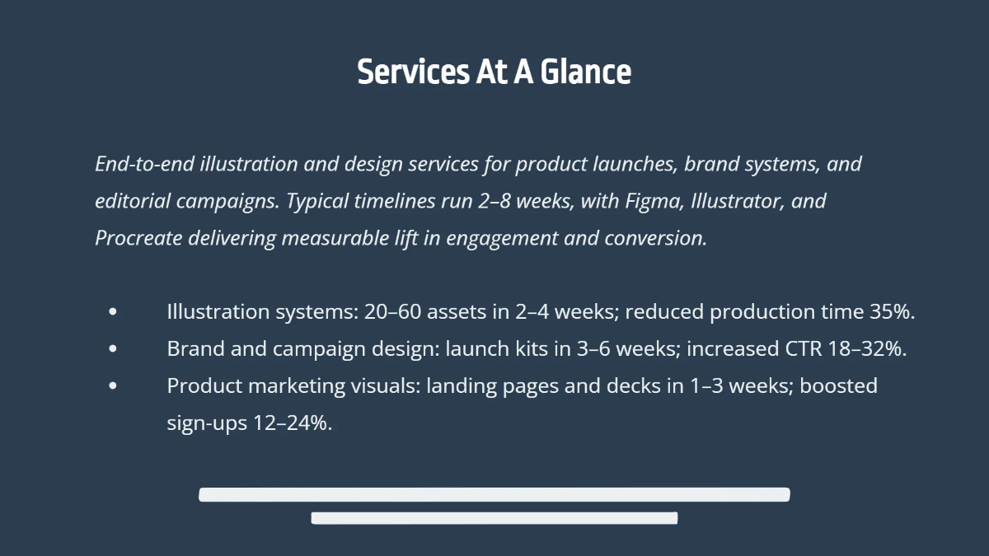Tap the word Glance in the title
[586, 72]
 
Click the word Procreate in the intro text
[138, 238]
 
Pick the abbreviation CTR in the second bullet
[804, 349]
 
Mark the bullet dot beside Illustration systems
[113, 312]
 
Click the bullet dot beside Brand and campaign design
[113, 349]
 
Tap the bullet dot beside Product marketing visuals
[113, 386]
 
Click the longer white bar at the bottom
[494, 494]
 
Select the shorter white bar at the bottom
[494, 518]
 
